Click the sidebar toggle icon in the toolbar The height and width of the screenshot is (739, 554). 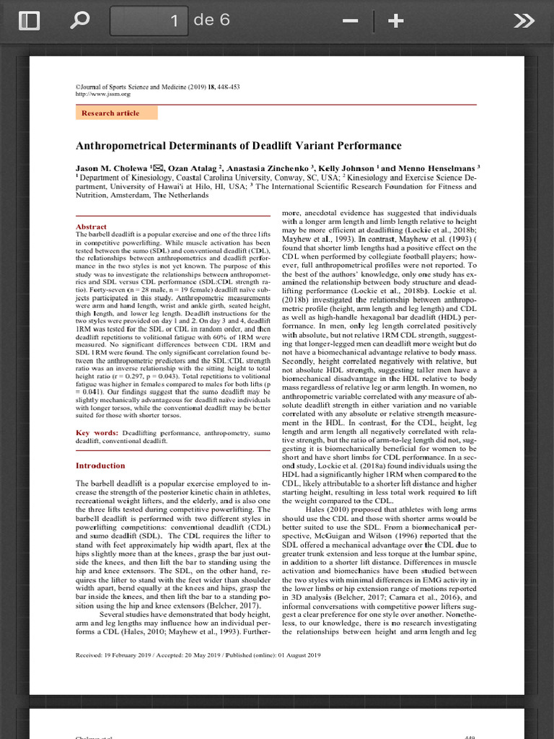pyautogui.click(x=29, y=22)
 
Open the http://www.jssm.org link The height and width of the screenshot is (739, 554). pyautogui.click(x=103, y=94)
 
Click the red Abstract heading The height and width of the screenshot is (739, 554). pyautogui.click(x=91, y=227)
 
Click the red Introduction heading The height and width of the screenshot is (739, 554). pyautogui.click(x=100, y=465)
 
